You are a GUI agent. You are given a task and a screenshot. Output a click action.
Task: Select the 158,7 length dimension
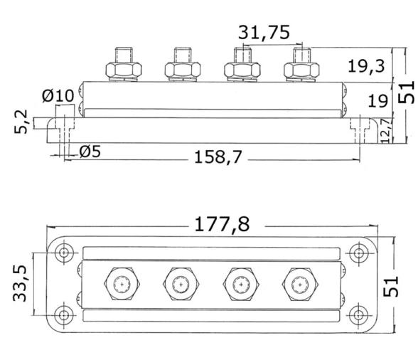220,157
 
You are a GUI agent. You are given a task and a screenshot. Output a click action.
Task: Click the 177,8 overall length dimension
220,225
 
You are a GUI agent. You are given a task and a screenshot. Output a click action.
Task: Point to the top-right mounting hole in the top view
358,252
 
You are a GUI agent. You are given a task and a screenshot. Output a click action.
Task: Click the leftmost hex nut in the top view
122,284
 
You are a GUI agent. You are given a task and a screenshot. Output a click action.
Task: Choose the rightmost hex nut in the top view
301,284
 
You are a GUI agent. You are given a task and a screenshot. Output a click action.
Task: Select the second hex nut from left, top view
181,284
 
